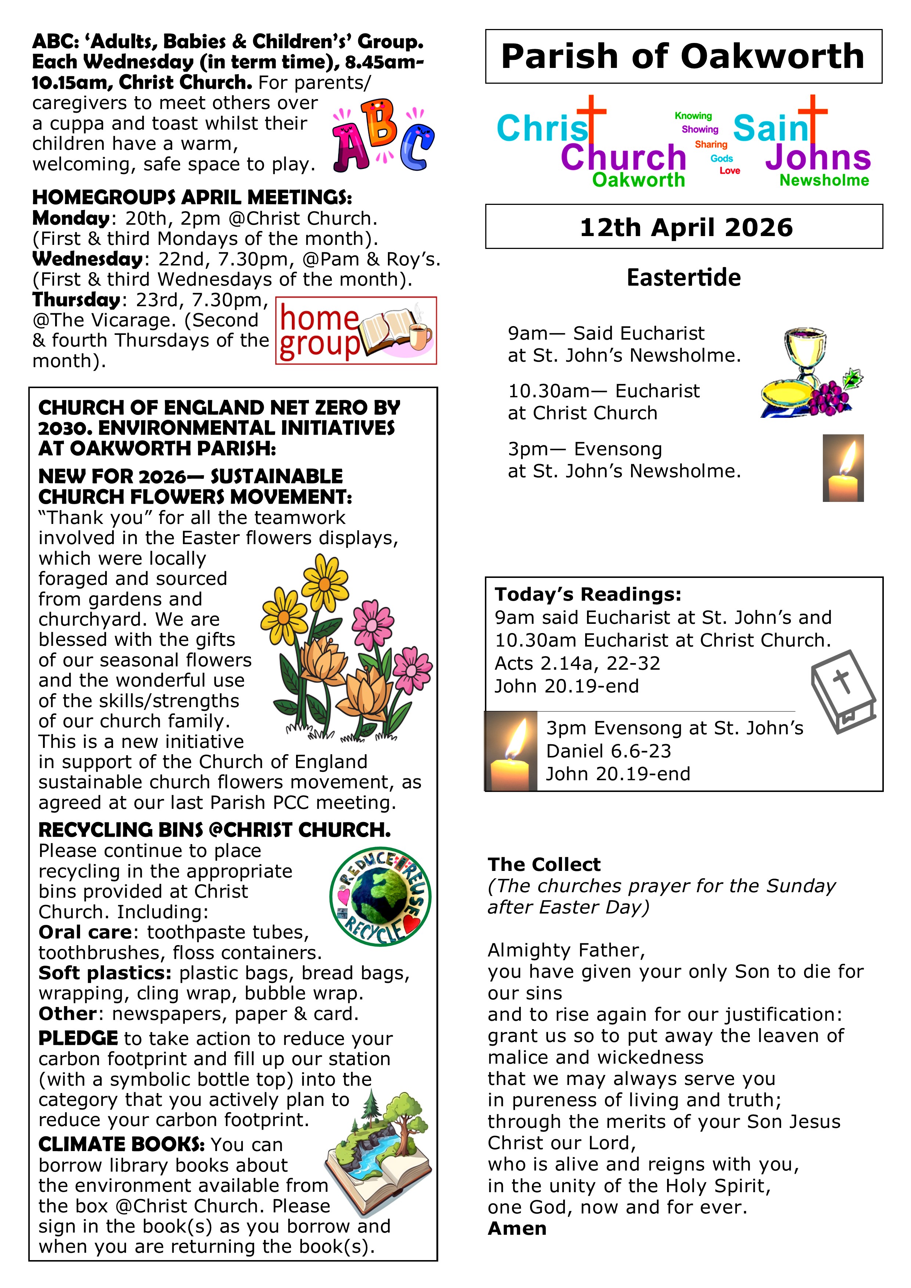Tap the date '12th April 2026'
[x=686, y=227]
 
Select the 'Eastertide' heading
[x=683, y=278]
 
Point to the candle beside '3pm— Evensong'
[x=843, y=467]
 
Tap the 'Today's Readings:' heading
[x=588, y=594]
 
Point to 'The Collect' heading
[x=544, y=864]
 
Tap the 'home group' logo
[x=356, y=331]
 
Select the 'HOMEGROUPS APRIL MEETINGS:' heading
[x=192, y=198]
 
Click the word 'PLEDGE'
[x=78, y=1038]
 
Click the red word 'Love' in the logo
[x=730, y=170]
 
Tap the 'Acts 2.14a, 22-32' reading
[x=577, y=663]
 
